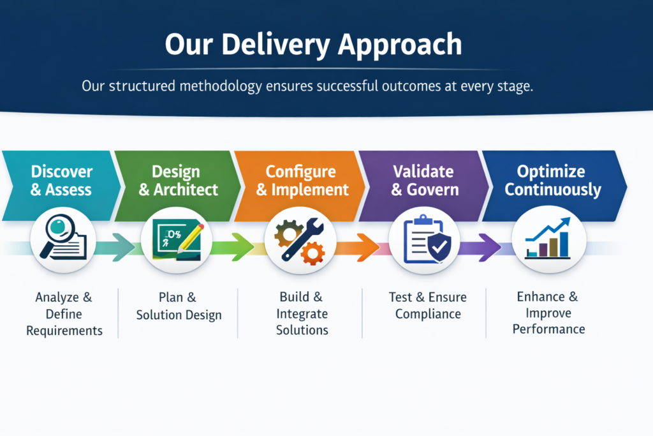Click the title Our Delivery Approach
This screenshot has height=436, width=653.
(313, 45)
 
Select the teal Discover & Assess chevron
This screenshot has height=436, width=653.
(61, 181)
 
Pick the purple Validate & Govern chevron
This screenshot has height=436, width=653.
(423, 181)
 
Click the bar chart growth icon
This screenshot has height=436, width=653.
(548, 243)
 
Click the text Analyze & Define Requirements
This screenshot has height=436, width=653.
(64, 313)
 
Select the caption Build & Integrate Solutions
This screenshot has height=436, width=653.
(302, 313)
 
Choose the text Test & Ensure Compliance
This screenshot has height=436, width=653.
(427, 306)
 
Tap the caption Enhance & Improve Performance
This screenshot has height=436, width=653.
(548, 313)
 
